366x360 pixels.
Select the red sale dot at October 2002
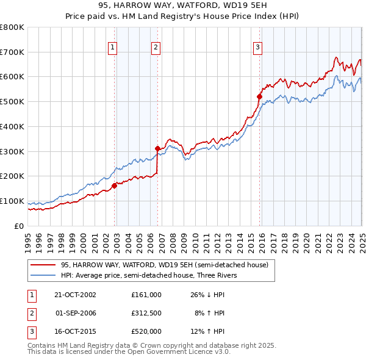(114, 185)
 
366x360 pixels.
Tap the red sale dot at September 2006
(157, 148)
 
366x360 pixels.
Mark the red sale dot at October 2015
(259, 96)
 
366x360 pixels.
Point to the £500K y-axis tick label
(12, 101)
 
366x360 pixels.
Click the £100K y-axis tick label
(12, 201)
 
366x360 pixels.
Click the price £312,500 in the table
(146, 313)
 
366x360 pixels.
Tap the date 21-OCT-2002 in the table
(75, 294)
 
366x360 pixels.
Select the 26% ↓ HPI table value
(208, 294)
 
